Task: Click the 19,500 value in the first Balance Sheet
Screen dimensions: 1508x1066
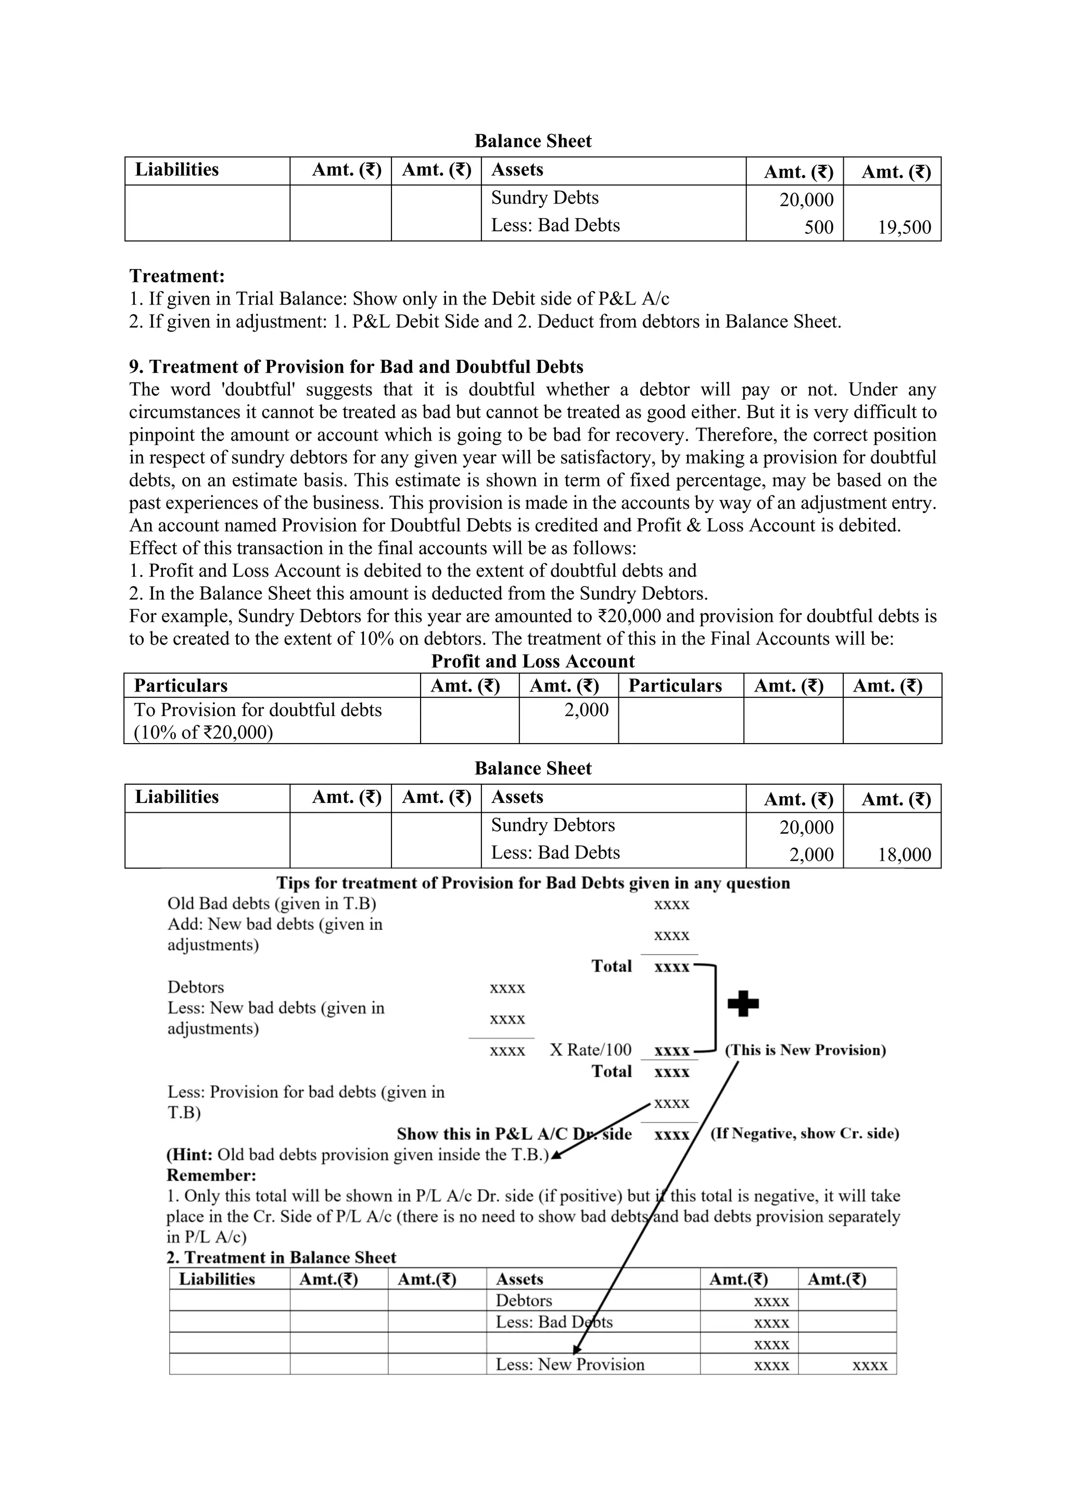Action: pyautogui.click(x=904, y=227)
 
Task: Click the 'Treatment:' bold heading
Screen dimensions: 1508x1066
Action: pyautogui.click(x=176, y=276)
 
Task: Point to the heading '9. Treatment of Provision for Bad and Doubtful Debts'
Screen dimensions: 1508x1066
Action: pyautogui.click(x=356, y=367)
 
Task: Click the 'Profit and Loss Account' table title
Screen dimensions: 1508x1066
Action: pyautogui.click(x=532, y=661)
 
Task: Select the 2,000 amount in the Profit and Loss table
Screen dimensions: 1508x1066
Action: pyautogui.click(x=586, y=710)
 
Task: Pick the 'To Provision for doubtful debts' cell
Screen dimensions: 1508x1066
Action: pyautogui.click(x=258, y=710)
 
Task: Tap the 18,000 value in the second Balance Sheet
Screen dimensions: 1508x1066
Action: pyautogui.click(x=904, y=854)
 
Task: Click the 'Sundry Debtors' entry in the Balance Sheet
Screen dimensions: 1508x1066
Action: pyautogui.click(x=553, y=825)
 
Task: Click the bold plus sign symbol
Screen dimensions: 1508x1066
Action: pyautogui.click(x=743, y=1003)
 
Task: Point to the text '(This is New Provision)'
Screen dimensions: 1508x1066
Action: pyautogui.click(x=805, y=1050)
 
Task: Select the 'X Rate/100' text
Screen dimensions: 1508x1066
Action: pyautogui.click(x=590, y=1050)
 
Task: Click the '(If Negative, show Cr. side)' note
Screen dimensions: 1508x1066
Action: pyautogui.click(x=804, y=1133)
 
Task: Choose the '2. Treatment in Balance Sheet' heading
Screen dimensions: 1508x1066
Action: pyautogui.click(x=281, y=1257)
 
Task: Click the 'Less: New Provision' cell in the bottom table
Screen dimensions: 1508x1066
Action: pyautogui.click(x=570, y=1364)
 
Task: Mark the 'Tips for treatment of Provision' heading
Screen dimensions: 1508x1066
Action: pyautogui.click(x=532, y=883)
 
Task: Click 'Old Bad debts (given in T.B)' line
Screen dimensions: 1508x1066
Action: pyautogui.click(x=271, y=904)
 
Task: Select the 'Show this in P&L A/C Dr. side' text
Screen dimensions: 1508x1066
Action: pyautogui.click(x=514, y=1134)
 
